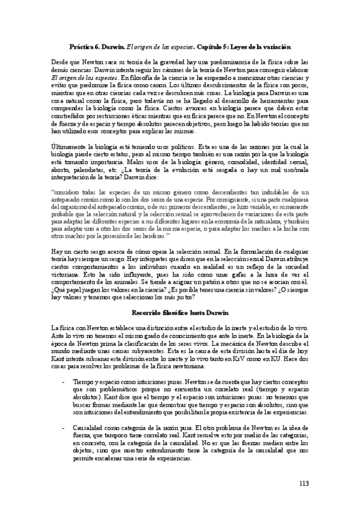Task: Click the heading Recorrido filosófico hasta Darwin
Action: point(180,313)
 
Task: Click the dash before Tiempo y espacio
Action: point(64,382)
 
